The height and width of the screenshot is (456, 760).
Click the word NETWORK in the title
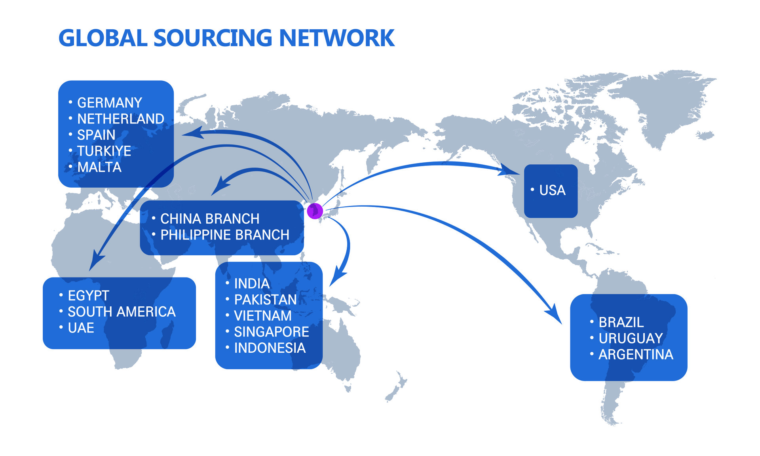tap(336, 38)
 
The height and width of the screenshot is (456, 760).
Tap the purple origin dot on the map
tap(315, 211)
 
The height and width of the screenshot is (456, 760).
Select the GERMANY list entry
tap(110, 103)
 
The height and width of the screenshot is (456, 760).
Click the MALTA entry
tap(99, 167)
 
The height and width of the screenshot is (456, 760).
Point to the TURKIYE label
tap(104, 151)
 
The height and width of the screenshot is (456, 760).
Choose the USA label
tap(552, 190)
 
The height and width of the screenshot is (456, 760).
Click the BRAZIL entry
tap(621, 323)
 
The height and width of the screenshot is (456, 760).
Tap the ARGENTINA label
tap(636, 355)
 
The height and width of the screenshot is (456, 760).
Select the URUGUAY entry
tap(631, 338)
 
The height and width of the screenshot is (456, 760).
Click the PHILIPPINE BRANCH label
tap(225, 235)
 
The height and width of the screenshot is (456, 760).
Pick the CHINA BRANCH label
tap(210, 219)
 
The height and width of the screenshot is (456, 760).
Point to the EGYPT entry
tap(88, 296)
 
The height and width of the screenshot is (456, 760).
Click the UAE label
tap(81, 328)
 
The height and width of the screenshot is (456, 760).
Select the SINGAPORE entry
tap(272, 332)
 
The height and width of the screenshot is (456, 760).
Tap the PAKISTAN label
tap(265, 300)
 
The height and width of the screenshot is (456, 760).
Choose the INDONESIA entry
tap(270, 348)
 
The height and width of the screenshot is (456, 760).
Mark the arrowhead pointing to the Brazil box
tap(554, 315)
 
